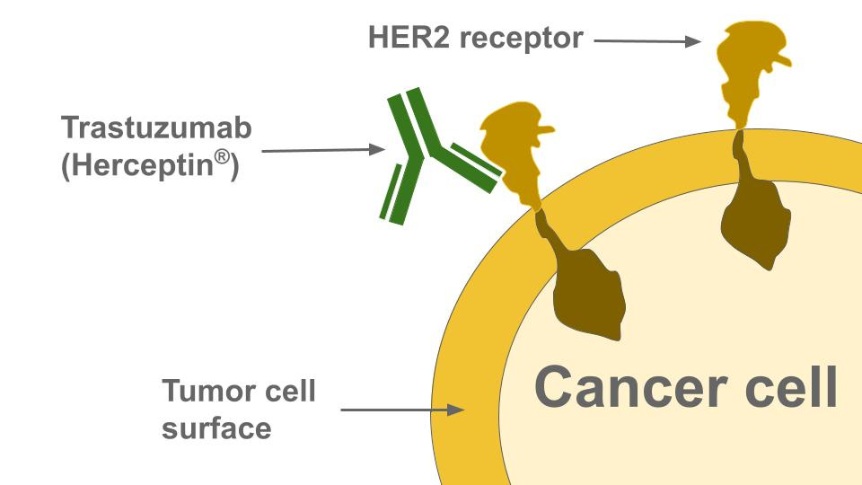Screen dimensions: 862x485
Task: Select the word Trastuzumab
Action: coord(157,128)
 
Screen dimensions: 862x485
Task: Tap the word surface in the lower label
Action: coord(216,428)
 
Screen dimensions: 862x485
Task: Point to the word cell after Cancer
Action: coord(780,387)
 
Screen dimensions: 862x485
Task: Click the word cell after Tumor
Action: coord(291,392)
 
